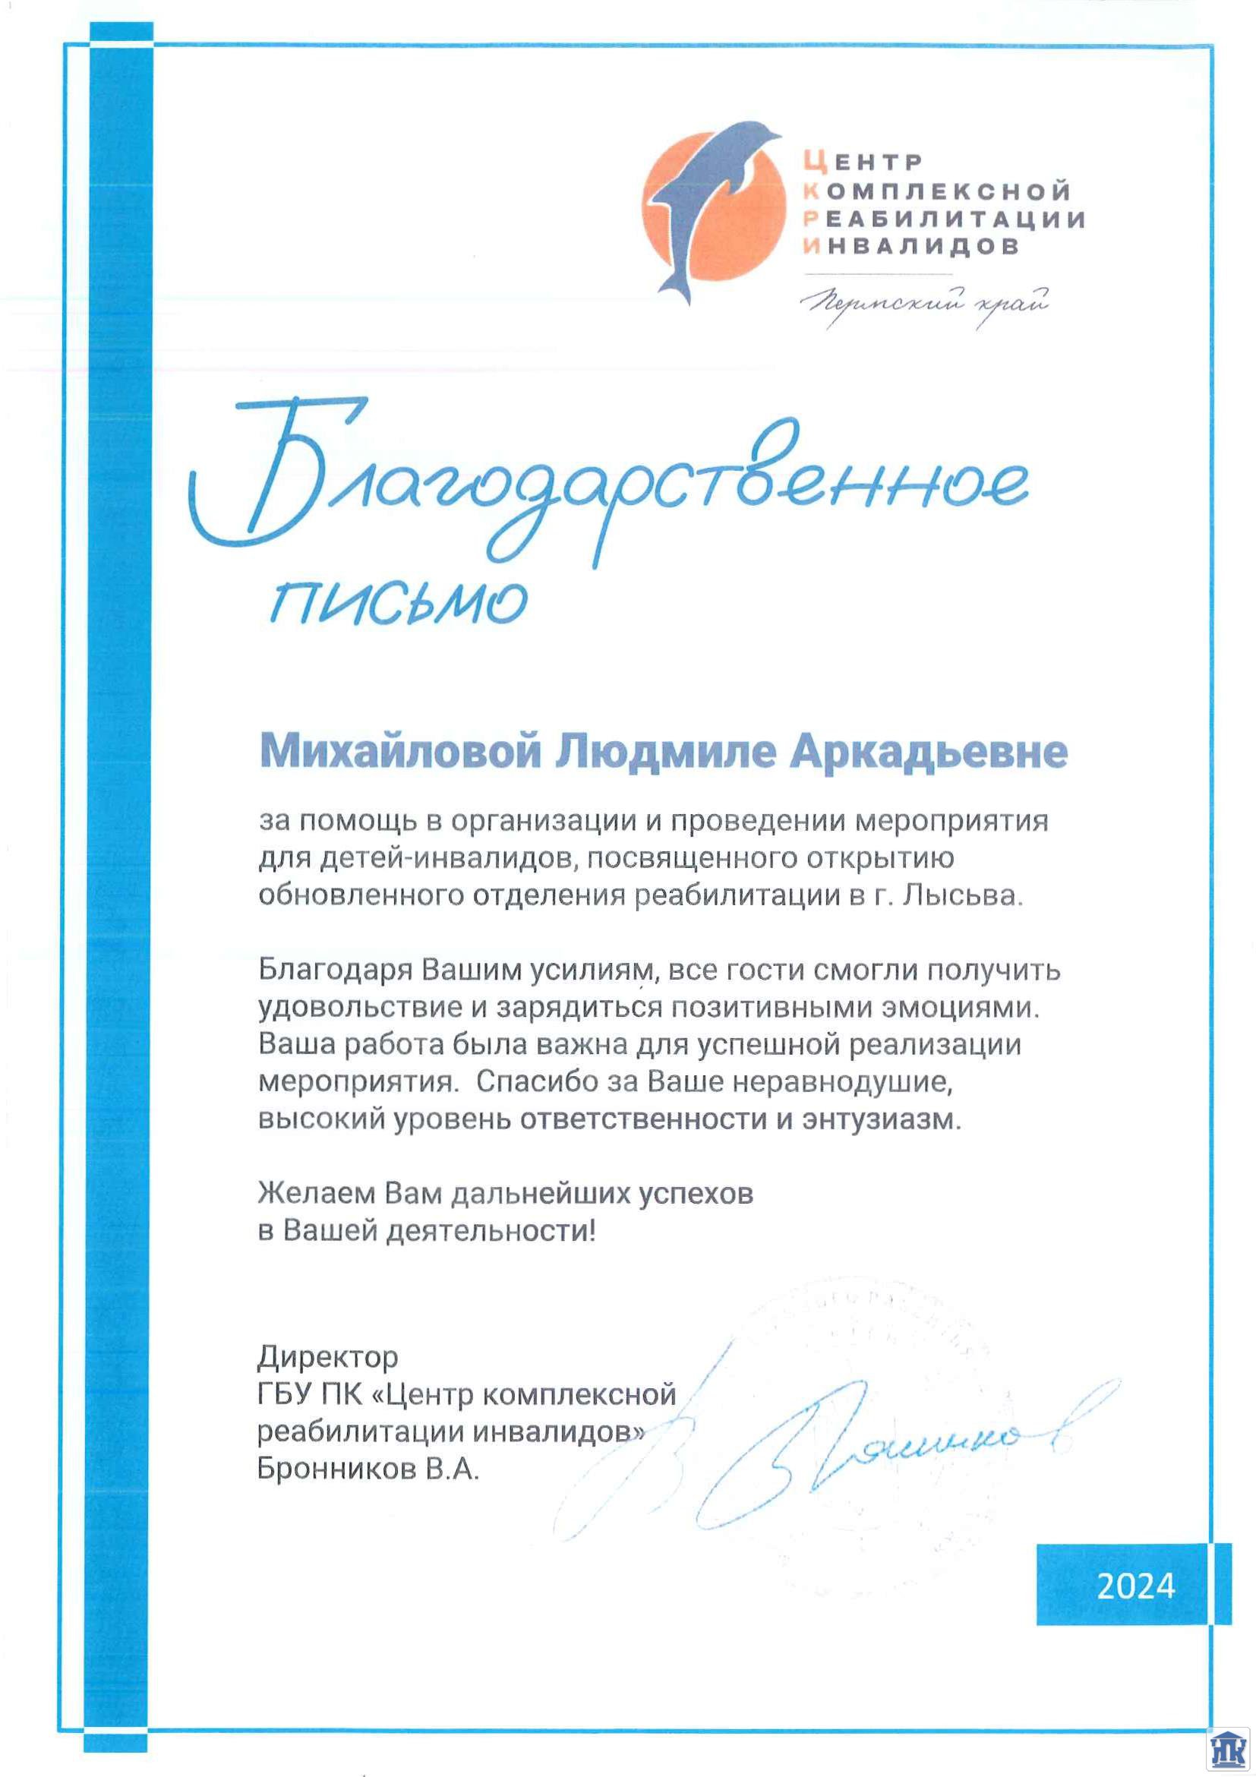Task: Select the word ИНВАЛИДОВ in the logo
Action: coord(910,246)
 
